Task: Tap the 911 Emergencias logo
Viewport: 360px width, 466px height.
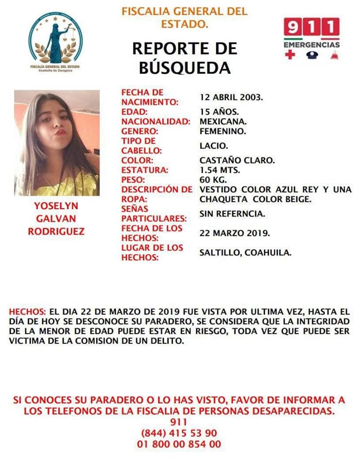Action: coord(311,39)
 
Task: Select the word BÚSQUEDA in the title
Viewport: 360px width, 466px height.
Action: coord(185,68)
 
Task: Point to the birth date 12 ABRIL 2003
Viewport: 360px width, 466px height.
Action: coord(231,97)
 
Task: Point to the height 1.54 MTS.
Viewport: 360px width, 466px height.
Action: coord(220,170)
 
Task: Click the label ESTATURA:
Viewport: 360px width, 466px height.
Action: coord(145,170)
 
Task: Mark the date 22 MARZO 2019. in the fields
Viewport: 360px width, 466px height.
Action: coord(235,233)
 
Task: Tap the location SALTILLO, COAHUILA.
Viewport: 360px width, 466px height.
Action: coord(245,252)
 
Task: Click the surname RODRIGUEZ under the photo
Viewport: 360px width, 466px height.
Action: coord(56,232)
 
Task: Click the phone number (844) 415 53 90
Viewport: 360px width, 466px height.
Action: coord(179,433)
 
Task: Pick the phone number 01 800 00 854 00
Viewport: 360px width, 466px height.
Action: coord(179,444)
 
